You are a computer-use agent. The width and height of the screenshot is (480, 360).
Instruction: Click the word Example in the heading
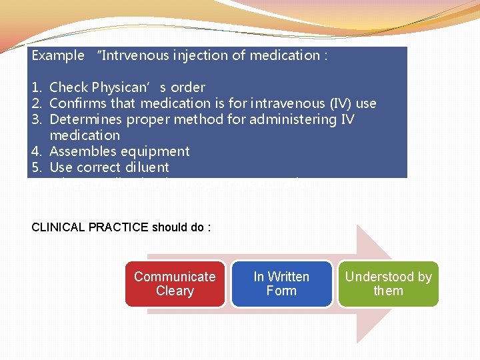(x=58, y=55)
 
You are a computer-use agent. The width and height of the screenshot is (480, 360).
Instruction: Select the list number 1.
(x=37, y=87)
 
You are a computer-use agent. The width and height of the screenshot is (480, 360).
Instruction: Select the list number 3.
(x=37, y=119)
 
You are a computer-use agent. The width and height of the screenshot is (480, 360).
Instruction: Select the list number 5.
(x=37, y=167)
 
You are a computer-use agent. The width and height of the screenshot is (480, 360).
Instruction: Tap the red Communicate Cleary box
(x=175, y=284)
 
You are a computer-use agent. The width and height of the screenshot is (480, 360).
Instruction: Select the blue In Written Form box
(x=281, y=284)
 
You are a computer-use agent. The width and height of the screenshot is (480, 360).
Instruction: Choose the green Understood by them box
(x=388, y=284)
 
